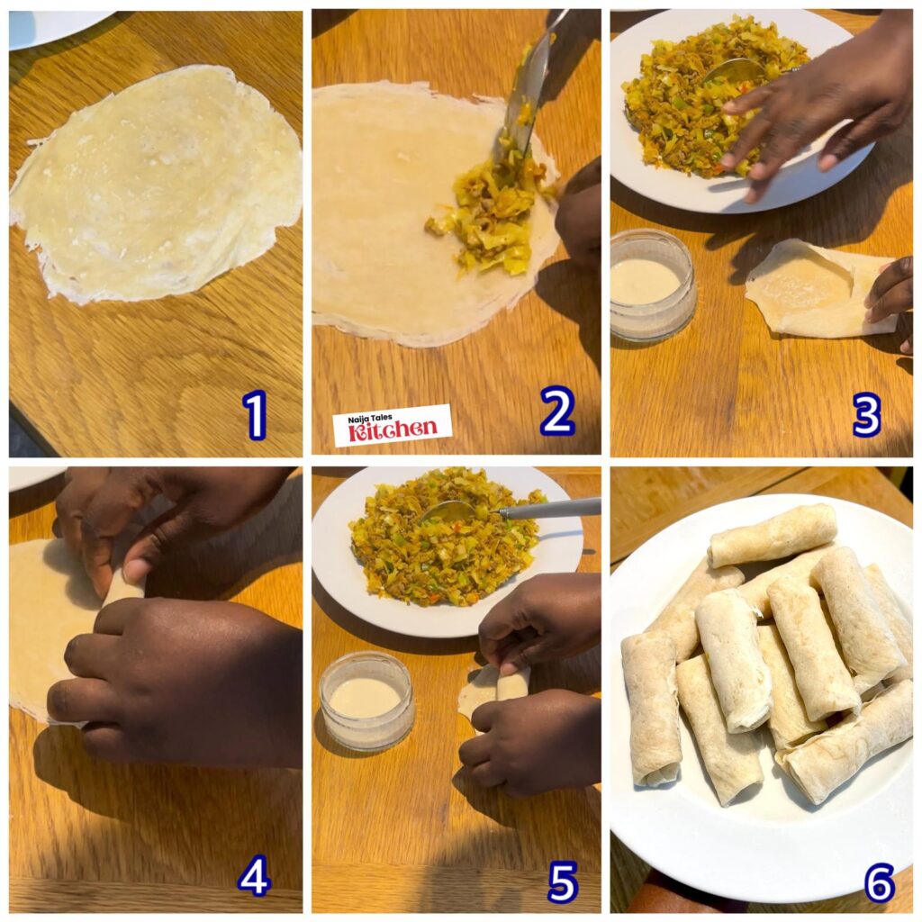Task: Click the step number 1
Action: click(255, 414)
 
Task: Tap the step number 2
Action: click(557, 411)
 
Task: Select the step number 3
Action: click(866, 415)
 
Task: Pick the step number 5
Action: click(562, 881)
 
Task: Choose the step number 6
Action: click(879, 881)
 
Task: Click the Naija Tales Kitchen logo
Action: click(393, 425)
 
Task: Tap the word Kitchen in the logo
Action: click(393, 430)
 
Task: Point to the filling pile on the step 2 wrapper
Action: click(491, 212)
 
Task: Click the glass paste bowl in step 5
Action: click(366, 701)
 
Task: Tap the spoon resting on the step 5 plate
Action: click(504, 511)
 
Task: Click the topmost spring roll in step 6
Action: click(773, 536)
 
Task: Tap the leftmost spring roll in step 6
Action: click(650, 707)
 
